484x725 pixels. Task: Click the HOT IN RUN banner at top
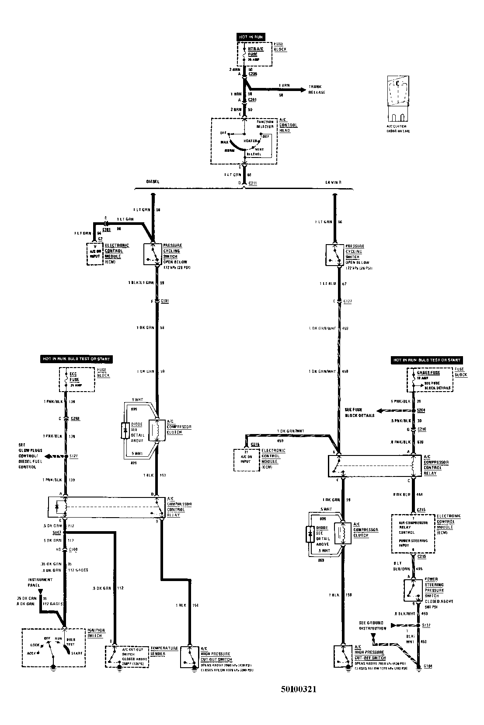(250, 37)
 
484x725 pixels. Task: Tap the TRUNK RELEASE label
(317, 89)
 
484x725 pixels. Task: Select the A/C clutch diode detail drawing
(398, 99)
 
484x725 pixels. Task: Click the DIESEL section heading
(153, 181)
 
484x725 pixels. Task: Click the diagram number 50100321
(298, 689)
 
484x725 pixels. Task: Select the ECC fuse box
(77, 379)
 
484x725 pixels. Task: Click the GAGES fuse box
(430, 379)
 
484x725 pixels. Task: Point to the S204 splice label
(421, 411)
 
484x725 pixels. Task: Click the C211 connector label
(253, 182)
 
